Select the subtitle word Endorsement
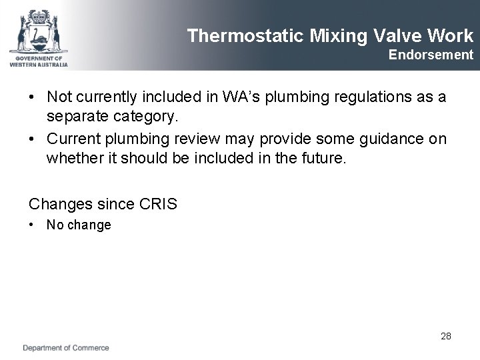pos(431,55)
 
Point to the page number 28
pos(446,336)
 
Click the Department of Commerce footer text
pos(66,348)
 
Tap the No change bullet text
pos(79,225)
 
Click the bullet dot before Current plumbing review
pos(33,139)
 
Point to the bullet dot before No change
pos(33,225)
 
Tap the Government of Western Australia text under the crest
pos(38,61)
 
